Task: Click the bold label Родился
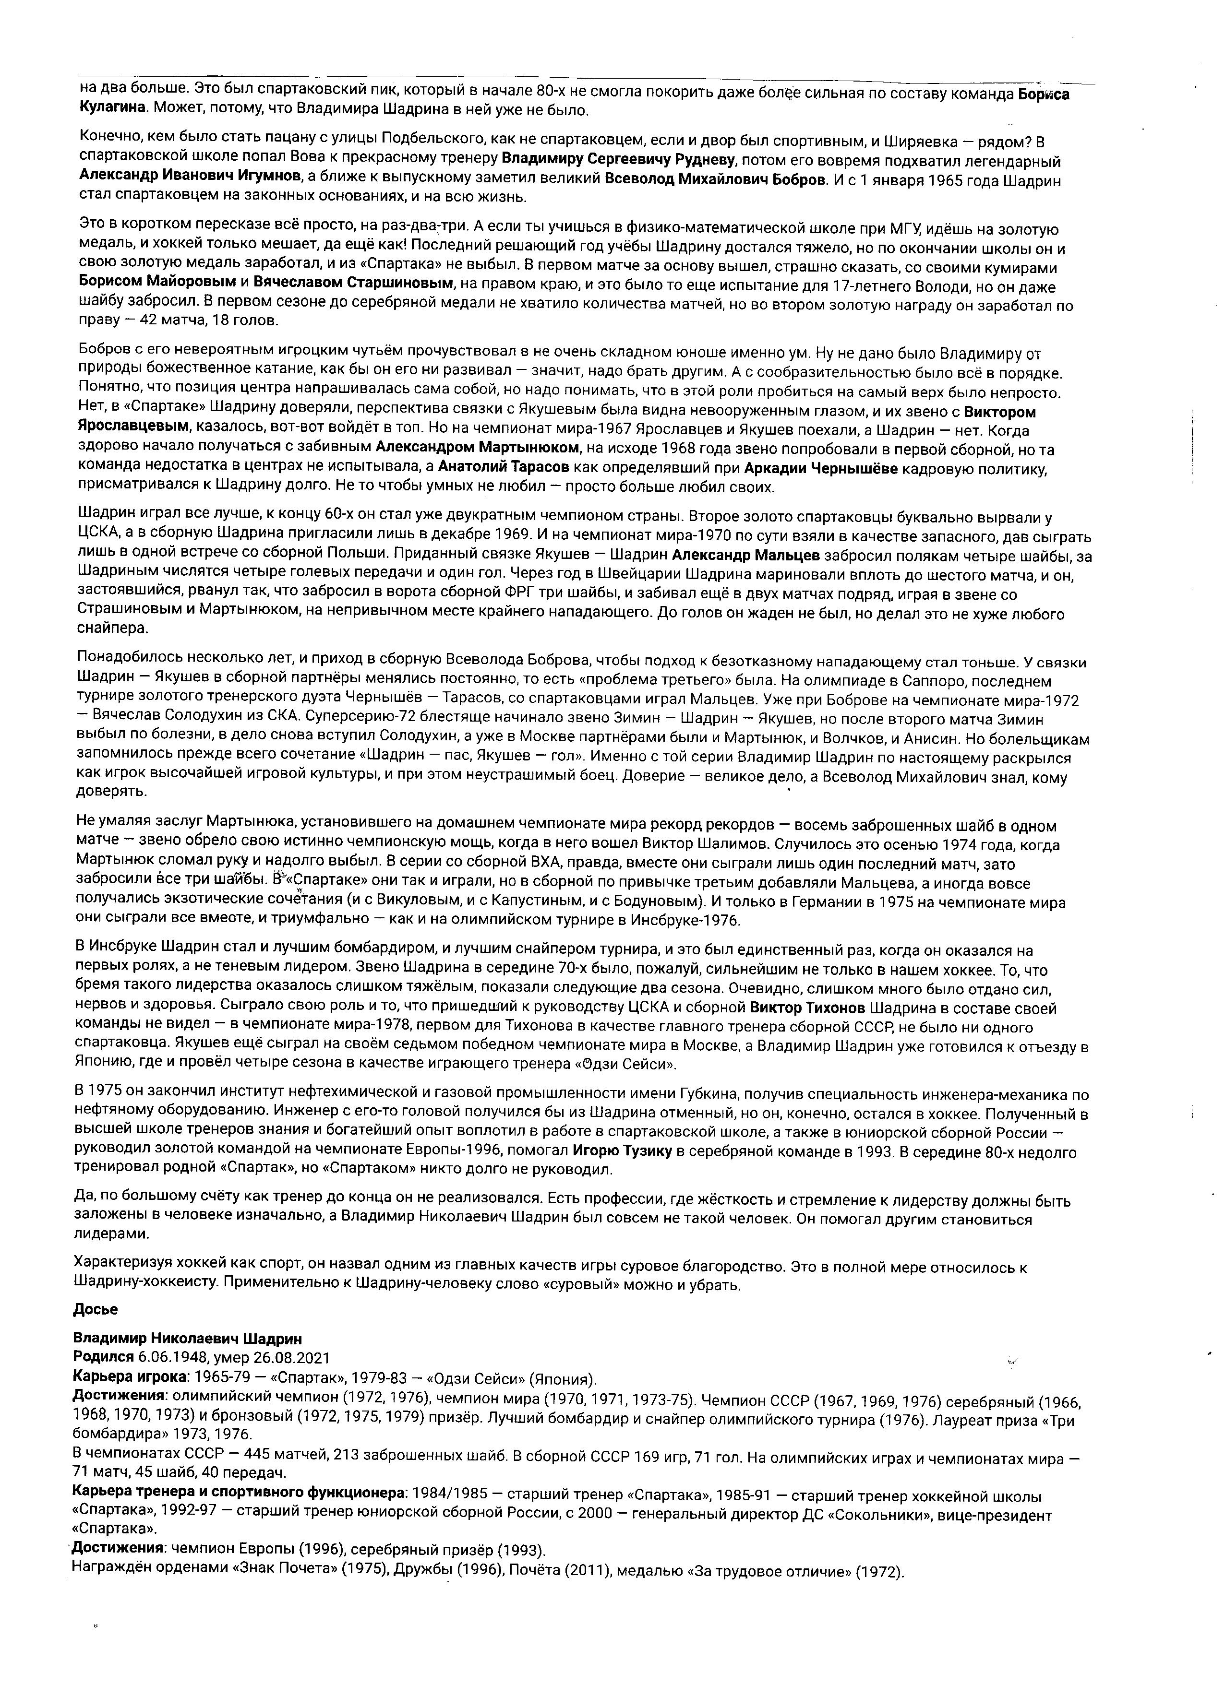tap(103, 1358)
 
